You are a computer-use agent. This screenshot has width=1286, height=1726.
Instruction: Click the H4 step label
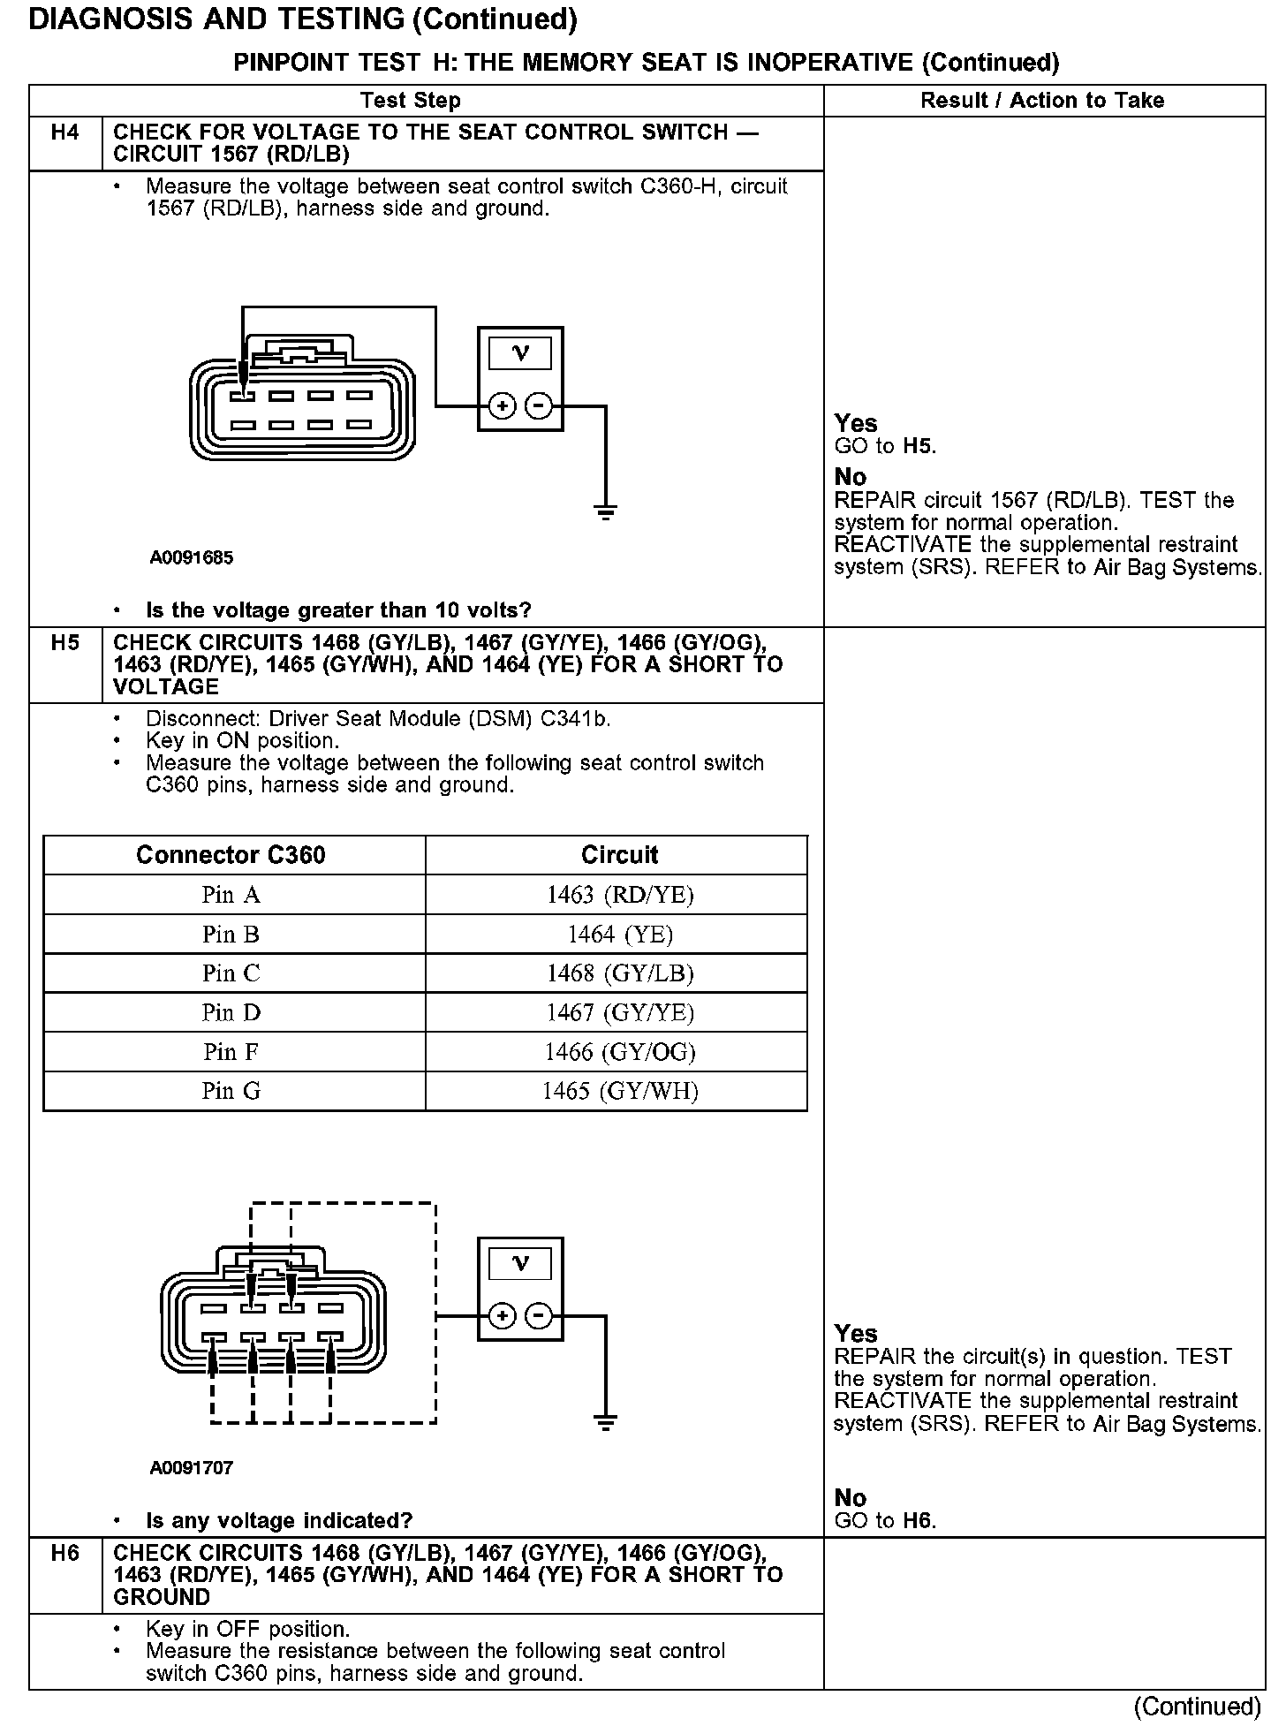click(64, 132)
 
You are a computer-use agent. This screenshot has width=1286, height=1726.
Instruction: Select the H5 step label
click(64, 643)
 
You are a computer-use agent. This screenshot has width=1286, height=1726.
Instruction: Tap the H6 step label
click(64, 1553)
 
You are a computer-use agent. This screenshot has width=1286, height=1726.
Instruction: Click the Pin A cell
click(231, 895)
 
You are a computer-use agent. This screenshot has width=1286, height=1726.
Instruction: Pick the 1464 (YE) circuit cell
click(619, 934)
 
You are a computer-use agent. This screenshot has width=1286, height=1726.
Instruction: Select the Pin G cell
click(231, 1091)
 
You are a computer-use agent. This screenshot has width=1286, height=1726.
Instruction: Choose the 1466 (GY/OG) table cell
click(619, 1051)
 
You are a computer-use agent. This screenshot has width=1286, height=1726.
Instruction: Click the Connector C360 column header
click(231, 855)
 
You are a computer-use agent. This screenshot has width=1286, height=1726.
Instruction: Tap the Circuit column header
click(619, 855)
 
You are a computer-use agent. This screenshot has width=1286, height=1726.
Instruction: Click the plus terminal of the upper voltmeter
click(502, 406)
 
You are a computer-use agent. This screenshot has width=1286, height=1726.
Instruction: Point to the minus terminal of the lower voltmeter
click(539, 1316)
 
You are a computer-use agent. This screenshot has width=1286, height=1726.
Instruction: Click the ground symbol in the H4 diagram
click(605, 511)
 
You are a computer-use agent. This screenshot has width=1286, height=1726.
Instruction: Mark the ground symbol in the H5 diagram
click(605, 1421)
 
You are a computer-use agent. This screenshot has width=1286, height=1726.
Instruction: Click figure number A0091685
click(191, 557)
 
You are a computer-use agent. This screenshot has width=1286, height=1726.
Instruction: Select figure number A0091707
click(191, 1468)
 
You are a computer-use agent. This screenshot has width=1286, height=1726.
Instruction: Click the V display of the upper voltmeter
click(520, 353)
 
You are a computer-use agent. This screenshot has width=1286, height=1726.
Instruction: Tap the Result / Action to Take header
click(1042, 101)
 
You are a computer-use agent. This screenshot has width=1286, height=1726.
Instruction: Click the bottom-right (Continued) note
click(1197, 1706)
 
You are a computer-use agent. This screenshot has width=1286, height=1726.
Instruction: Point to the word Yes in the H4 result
click(856, 423)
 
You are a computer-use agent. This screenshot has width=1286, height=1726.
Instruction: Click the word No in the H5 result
click(851, 1497)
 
